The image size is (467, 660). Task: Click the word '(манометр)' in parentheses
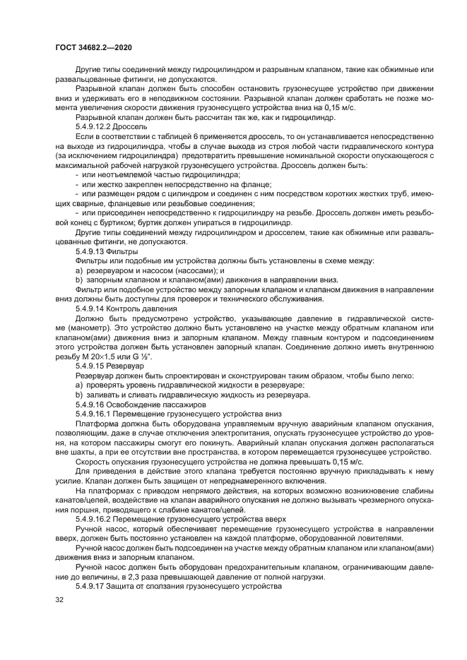click(x=77, y=328)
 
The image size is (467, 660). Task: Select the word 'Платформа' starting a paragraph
click(x=95, y=424)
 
